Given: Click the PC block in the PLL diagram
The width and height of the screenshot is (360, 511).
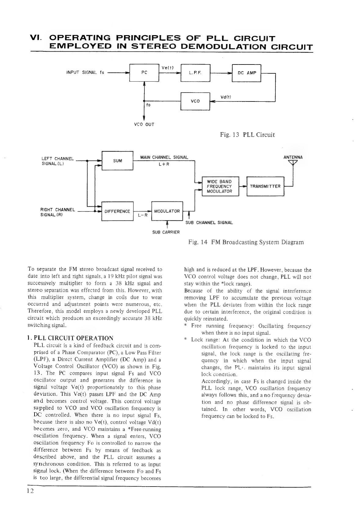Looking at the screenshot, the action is click(x=144, y=73).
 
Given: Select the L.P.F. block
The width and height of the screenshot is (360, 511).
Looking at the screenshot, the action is click(x=195, y=73).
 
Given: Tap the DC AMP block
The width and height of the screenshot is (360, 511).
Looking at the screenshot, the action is click(x=246, y=73).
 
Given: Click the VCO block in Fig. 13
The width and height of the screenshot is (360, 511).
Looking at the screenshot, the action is click(x=195, y=101).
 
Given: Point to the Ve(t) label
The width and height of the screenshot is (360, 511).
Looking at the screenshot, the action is click(x=167, y=68).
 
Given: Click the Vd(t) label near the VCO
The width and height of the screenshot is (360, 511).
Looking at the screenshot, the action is click(x=226, y=97).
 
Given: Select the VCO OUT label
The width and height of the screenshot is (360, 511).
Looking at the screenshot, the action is click(x=144, y=125).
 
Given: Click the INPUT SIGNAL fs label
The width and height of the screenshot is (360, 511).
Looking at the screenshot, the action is click(x=85, y=72).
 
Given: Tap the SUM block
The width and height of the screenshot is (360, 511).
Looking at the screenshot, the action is click(x=117, y=160).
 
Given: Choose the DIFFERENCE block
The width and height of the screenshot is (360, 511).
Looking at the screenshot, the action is click(x=117, y=211).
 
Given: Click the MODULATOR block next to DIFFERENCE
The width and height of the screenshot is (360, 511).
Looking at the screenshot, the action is click(x=167, y=211).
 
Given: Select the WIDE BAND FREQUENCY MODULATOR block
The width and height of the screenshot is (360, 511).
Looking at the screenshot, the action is click(x=220, y=186).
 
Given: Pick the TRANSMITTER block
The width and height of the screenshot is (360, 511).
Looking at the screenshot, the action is click(x=265, y=186).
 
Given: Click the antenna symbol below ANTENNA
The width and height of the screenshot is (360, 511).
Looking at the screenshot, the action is click(x=293, y=162).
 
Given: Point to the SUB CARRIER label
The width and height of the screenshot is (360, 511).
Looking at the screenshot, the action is click(x=166, y=232).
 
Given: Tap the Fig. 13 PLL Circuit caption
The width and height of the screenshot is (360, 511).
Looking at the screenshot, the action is click(x=247, y=135).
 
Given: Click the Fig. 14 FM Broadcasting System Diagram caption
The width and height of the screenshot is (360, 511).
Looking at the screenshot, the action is click(x=246, y=242).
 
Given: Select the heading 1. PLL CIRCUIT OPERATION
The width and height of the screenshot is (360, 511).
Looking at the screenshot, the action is click(x=70, y=338).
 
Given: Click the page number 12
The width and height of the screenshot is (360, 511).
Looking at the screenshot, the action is click(x=30, y=491).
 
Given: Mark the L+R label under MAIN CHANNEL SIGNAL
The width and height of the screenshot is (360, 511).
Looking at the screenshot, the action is click(x=164, y=164).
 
